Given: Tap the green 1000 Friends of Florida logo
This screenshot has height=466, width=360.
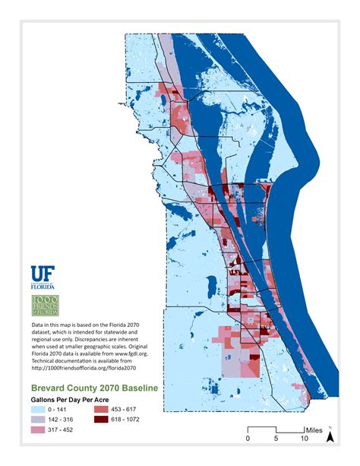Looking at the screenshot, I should click(45, 305).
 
